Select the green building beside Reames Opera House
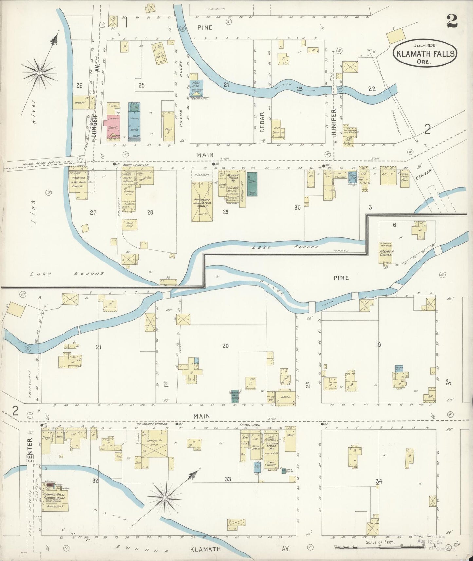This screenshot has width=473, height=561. click(x=252, y=184)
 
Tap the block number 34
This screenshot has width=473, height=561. click(x=379, y=481)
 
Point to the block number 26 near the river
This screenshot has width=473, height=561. click(x=79, y=86)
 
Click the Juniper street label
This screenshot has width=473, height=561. click(x=334, y=127)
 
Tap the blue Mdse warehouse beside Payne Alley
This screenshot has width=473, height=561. click(x=196, y=87)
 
